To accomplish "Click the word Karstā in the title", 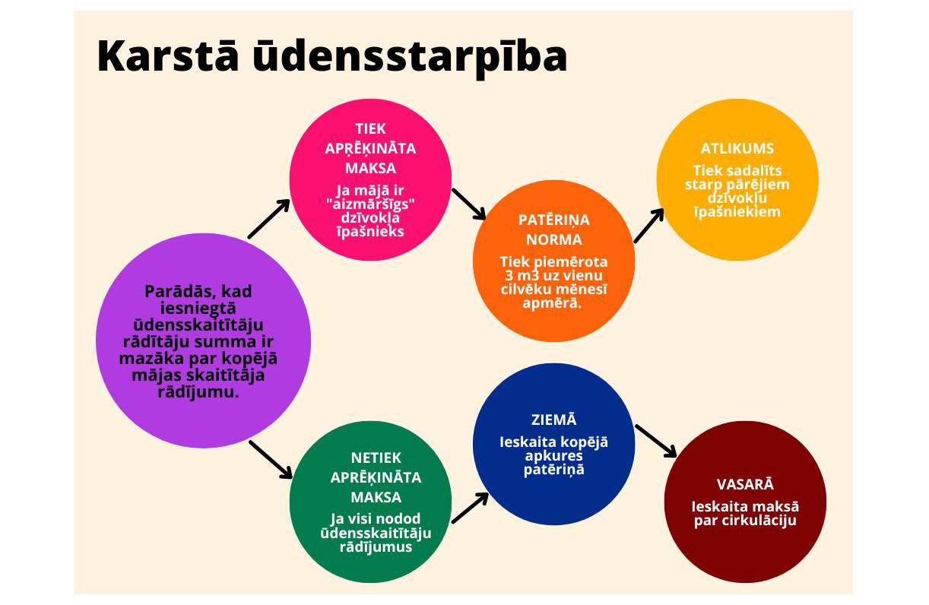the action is tap(168, 56).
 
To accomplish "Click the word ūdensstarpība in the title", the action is tap(410, 58).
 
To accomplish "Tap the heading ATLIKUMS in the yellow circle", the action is tap(737, 148).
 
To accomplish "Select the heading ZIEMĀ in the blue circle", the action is tap(553, 420).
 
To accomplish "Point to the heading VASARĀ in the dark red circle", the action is tap(745, 484).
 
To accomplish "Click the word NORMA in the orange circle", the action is tap(553, 239).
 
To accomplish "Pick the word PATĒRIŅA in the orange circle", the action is tap(553, 220).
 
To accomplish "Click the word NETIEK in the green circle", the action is tap(376, 458).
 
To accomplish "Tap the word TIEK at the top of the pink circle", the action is tap(370, 129).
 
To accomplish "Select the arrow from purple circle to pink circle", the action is tap(269, 219).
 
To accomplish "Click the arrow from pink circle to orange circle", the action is tap(468, 204).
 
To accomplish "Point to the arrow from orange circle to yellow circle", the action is tap(649, 226).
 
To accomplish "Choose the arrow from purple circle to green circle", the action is tap(271, 460).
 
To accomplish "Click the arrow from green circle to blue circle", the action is tap(470, 508).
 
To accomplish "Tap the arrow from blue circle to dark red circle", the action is tap(655, 441).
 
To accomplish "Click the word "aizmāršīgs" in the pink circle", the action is tap(370, 204).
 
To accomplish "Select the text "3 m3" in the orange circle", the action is tap(522, 275).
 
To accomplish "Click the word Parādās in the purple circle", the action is tap(176, 292).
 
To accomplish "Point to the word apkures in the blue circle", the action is tap(553, 457).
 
